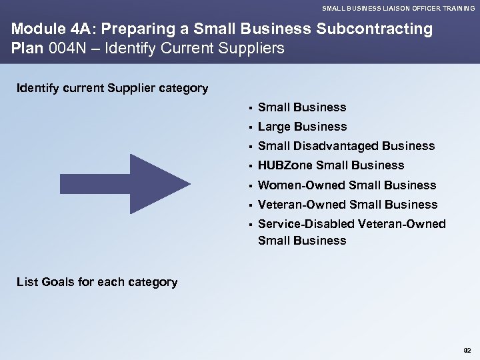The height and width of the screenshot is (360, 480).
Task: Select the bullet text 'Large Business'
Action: (x=302, y=127)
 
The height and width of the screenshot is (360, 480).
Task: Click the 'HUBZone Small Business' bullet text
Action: (x=331, y=165)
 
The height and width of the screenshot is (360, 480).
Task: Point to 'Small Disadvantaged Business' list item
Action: (x=346, y=146)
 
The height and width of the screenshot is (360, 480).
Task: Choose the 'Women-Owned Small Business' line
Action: (x=347, y=185)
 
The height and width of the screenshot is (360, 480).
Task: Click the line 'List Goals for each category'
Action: (x=97, y=282)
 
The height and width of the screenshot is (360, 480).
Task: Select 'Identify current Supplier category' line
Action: (x=112, y=88)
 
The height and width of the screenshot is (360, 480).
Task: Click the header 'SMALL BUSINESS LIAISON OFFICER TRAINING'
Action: (x=399, y=9)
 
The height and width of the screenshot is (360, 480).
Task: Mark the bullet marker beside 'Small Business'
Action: (x=247, y=108)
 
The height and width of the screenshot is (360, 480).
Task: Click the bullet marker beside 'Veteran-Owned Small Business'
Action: (x=247, y=205)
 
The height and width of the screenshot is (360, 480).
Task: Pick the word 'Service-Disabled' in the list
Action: (x=305, y=224)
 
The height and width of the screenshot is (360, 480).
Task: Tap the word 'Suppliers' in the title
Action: (x=252, y=49)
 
